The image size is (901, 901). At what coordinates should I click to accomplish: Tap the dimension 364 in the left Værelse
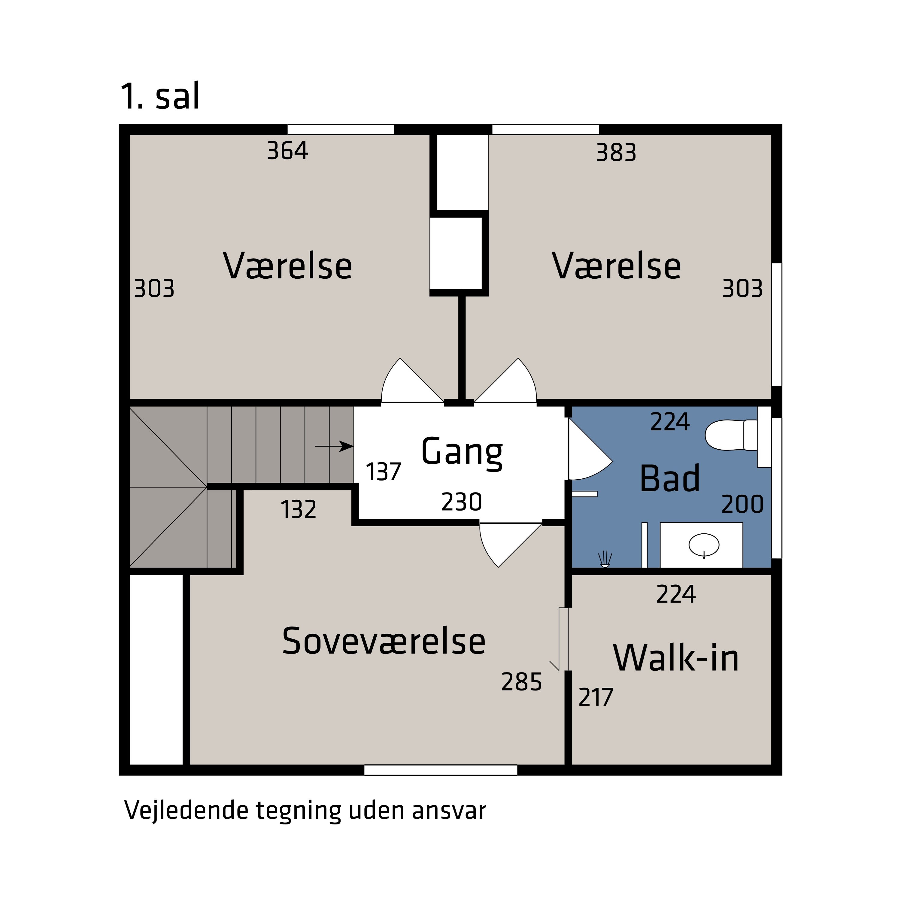click(x=287, y=151)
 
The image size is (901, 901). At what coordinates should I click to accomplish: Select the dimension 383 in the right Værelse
click(x=616, y=153)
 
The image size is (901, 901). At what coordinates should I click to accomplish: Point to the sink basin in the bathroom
click(x=704, y=545)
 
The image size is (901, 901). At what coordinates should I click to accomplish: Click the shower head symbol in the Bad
click(x=605, y=559)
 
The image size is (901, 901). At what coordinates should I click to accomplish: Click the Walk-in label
click(x=676, y=658)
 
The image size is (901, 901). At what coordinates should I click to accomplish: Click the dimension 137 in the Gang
click(x=383, y=472)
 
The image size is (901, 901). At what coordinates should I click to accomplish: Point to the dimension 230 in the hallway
click(x=461, y=502)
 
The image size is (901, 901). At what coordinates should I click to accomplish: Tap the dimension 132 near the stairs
click(x=299, y=510)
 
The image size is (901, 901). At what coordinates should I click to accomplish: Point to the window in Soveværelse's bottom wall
click(x=440, y=770)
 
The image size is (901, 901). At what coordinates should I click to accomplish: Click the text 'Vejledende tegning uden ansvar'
click(x=305, y=810)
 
